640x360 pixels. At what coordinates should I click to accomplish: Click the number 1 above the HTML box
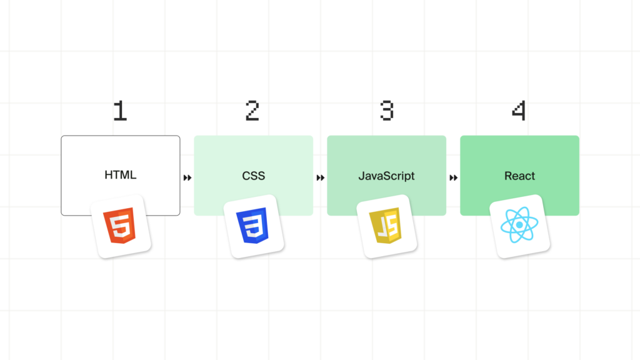120,111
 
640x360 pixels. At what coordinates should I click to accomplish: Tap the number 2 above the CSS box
252,111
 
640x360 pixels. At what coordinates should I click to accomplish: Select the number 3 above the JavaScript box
386,111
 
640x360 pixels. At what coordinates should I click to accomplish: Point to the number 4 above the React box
519,111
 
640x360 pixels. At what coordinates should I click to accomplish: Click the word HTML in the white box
121,175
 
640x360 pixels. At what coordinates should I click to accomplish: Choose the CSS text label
254,176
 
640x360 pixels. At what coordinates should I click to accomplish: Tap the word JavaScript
386,176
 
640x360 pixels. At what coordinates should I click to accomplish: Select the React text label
519,176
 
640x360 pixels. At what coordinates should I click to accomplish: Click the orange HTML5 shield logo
119,225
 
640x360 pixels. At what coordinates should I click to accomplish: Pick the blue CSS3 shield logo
252,225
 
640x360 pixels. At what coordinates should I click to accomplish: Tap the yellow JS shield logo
386,225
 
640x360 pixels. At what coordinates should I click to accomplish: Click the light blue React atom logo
519,224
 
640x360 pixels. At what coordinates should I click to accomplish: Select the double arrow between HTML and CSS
187,177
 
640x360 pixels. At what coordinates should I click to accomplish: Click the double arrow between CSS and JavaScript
321,177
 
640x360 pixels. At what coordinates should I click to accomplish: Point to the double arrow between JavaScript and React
454,177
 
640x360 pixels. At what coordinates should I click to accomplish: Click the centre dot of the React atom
519,224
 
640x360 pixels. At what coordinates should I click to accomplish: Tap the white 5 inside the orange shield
121,225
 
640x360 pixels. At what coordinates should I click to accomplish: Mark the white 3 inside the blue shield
254,225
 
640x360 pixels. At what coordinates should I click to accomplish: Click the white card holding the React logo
519,226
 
